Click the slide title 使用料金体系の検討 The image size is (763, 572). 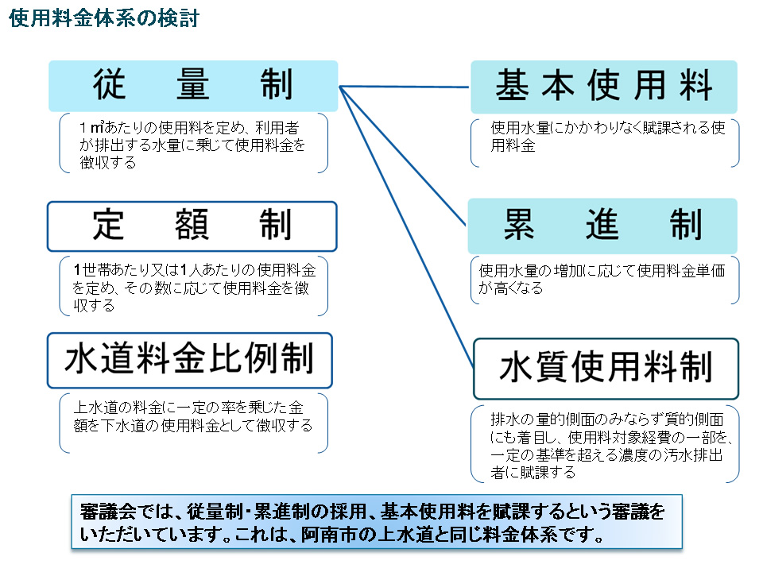click(x=104, y=18)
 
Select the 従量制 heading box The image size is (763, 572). click(x=193, y=86)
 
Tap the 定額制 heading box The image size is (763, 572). click(x=192, y=226)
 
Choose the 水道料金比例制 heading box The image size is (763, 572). click(x=190, y=361)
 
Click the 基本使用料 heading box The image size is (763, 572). click(x=604, y=87)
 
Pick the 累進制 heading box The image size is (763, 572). click(x=602, y=226)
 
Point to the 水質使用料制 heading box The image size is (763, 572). click(x=606, y=369)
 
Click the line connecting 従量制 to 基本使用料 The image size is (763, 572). click(x=404, y=87)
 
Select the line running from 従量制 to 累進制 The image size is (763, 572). click(x=402, y=157)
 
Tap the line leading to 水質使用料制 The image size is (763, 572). click(x=406, y=227)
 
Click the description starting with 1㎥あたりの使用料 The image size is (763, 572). click(x=192, y=145)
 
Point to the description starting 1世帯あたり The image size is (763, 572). click(x=194, y=288)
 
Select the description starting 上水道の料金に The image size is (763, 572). click(x=192, y=417)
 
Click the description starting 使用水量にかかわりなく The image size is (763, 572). click(x=608, y=137)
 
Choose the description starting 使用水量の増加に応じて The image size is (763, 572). click(x=602, y=279)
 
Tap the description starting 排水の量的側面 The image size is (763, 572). click(x=611, y=446)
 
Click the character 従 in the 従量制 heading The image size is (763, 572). click(x=110, y=85)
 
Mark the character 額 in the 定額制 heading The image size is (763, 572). click(x=192, y=225)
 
